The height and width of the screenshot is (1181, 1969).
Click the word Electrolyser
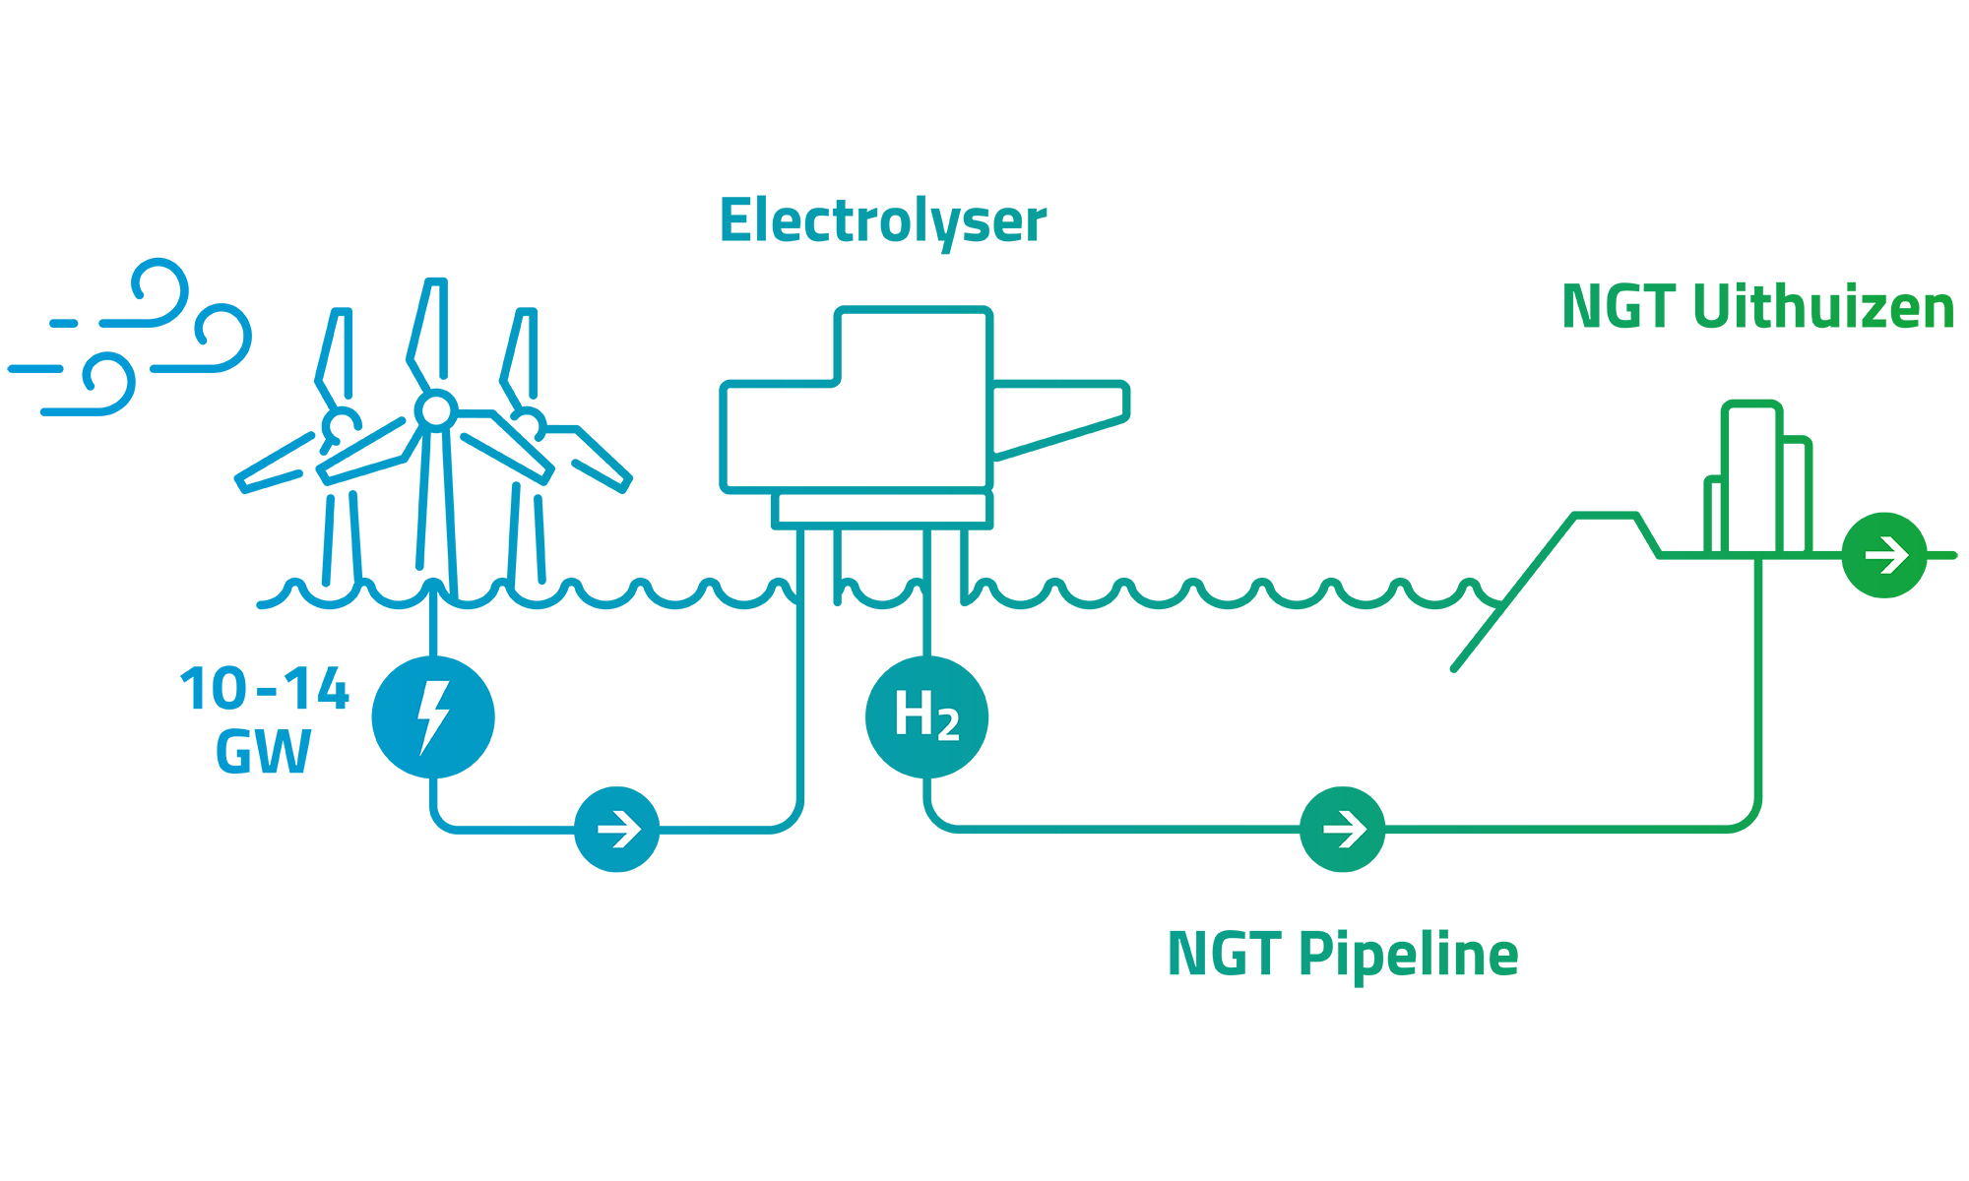tap(883, 222)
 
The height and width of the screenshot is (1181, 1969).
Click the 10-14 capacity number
tap(265, 689)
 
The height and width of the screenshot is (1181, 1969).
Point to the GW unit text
tap(263, 752)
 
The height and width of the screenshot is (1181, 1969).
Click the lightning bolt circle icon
tap(433, 716)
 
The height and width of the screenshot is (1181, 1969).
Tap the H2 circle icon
tap(926, 716)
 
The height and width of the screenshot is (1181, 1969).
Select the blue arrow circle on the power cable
tap(617, 829)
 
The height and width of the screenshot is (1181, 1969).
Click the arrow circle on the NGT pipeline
tap(1343, 829)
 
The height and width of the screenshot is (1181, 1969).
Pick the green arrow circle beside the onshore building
tap(1884, 555)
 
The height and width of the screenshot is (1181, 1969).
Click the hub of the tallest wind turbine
tap(436, 410)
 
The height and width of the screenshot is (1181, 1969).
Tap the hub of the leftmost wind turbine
tap(341, 426)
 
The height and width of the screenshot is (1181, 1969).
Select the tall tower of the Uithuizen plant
tap(1752, 478)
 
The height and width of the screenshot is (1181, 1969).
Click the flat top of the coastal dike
tap(1606, 515)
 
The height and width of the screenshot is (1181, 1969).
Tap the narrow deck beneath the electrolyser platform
tap(882, 509)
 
